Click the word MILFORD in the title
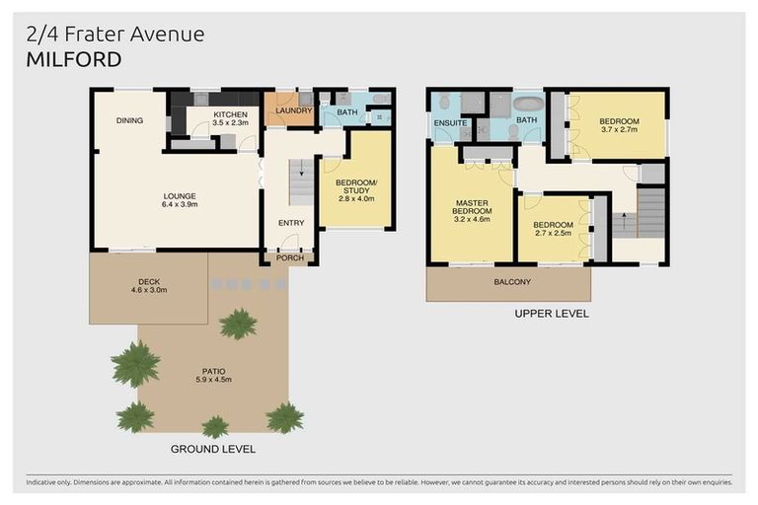74,60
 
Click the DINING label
129,120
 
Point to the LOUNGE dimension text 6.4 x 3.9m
180,205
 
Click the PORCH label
289,258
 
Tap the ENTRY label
290,223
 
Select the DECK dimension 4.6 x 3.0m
150,290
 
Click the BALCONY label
511,282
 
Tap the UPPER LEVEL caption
552,314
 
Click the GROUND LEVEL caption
214,449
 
